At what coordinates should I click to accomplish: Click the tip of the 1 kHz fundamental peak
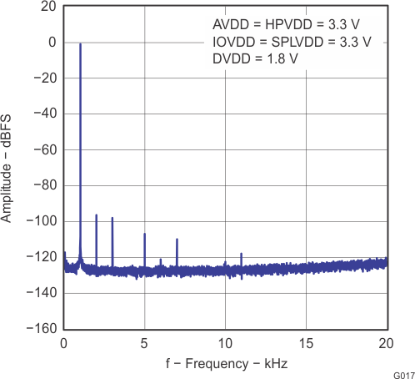pyautogui.click(x=80, y=44)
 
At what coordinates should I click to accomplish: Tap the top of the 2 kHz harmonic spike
pyautogui.click(x=97, y=215)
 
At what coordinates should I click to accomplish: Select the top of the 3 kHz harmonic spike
pyautogui.click(x=112, y=218)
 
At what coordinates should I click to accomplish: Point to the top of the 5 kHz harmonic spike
pyautogui.click(x=145, y=235)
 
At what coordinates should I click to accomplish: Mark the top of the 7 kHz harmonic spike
pyautogui.click(x=177, y=240)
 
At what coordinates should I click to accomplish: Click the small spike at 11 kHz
pyautogui.click(x=242, y=254)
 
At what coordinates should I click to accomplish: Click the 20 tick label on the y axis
pyautogui.click(x=48, y=7)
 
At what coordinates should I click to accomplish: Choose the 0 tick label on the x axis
pyautogui.click(x=64, y=342)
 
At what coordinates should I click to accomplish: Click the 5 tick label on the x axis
pyautogui.click(x=145, y=342)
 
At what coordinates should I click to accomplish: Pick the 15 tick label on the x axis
pyautogui.click(x=306, y=342)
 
